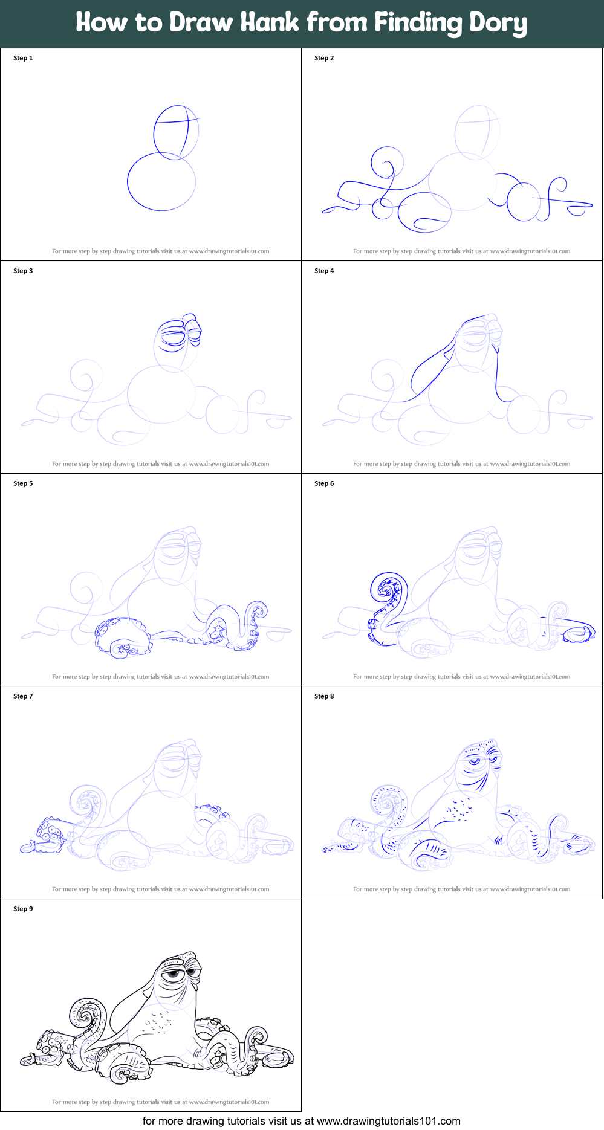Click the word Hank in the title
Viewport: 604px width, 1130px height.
coord(270,22)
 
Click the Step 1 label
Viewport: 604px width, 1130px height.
coord(23,58)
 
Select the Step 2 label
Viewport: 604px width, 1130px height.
coord(324,58)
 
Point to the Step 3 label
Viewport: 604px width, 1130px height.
coord(23,271)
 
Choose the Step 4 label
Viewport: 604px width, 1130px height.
coord(324,271)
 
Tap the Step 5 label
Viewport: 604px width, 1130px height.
coord(23,483)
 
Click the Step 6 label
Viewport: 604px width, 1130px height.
coord(324,483)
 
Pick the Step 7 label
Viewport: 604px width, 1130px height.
coord(23,696)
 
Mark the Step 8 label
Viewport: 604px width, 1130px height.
coord(324,696)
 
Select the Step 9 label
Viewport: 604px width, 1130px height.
coord(23,909)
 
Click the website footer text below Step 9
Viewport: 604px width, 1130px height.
coord(302,1121)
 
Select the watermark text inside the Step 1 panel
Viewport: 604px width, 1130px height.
coord(160,251)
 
